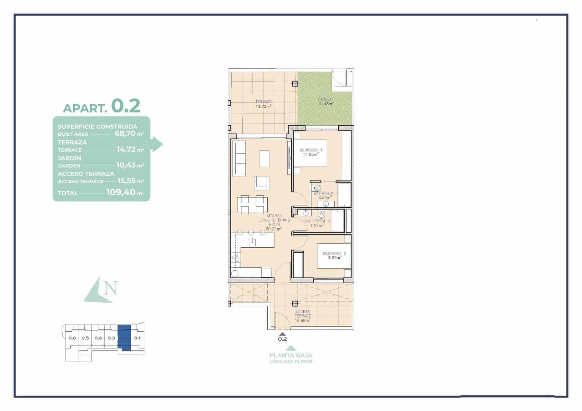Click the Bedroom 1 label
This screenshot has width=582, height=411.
311,150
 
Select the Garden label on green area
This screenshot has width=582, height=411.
325,99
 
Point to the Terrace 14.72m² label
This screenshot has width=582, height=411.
263,104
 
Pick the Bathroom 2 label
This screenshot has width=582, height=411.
317,221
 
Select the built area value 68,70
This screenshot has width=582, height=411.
125,133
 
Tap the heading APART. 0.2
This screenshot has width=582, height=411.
101,106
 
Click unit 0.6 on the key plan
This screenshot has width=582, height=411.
72,338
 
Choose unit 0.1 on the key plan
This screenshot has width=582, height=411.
137,338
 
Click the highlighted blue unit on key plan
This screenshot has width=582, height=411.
125,338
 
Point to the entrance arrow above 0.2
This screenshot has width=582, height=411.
282,333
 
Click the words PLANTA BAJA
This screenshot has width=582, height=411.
291,355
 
